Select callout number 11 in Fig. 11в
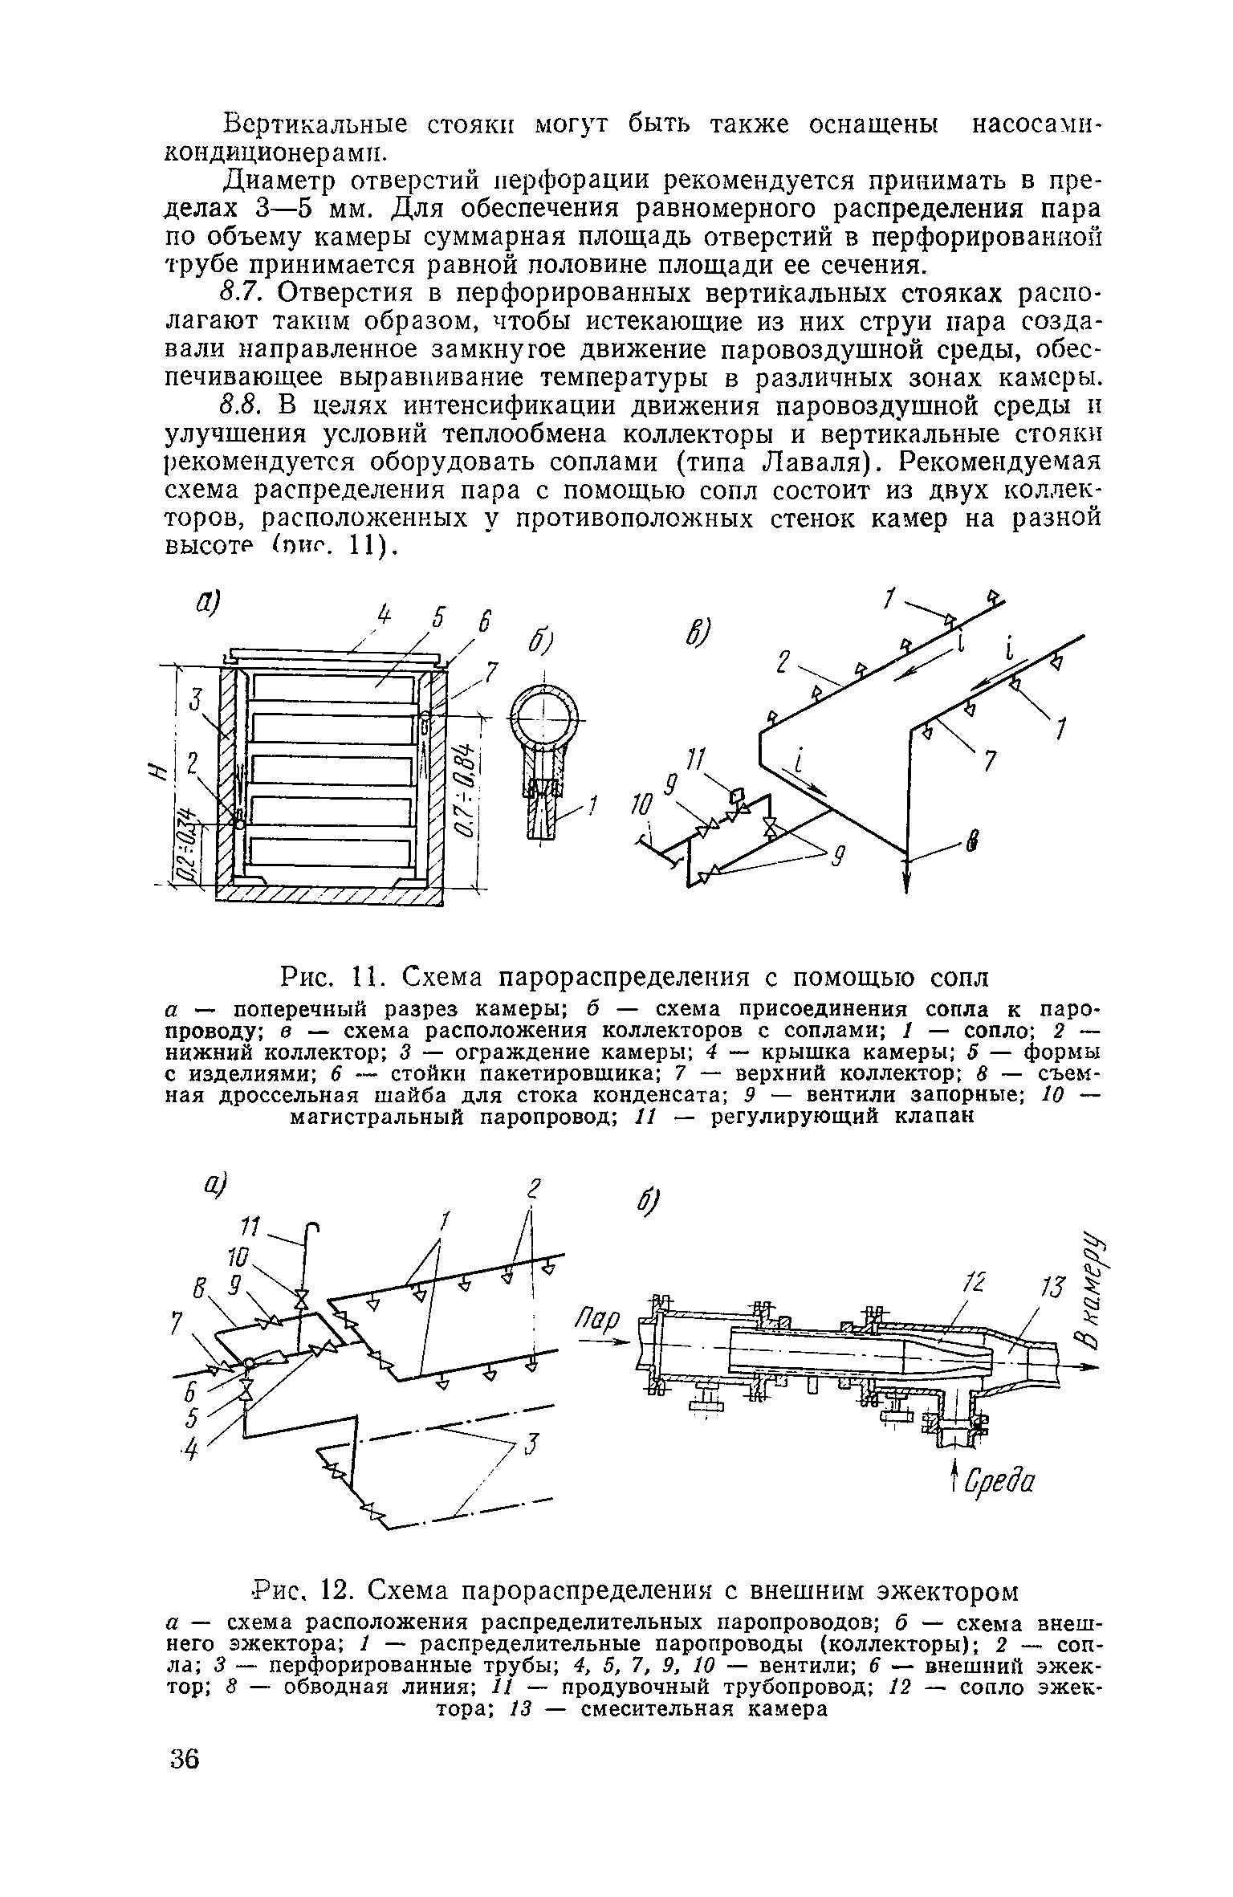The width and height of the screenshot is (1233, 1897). point(698,759)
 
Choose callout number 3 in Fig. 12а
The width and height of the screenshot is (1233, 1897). point(531,1445)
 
